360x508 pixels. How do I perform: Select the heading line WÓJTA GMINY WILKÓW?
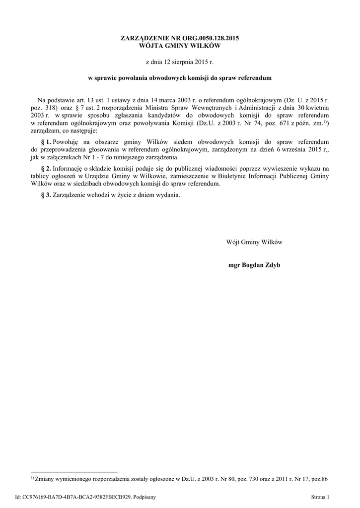point(180,46)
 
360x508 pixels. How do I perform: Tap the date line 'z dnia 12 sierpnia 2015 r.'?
point(180,63)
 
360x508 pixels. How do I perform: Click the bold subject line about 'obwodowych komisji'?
point(180,78)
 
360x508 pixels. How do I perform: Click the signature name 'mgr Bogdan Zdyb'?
point(254,265)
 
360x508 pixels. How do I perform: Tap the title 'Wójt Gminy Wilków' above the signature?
point(254,242)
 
